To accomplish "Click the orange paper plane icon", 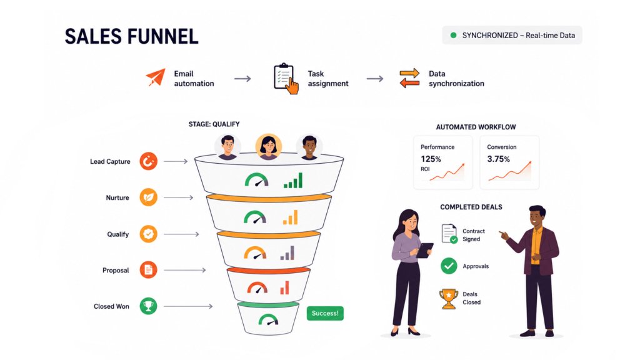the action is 156,77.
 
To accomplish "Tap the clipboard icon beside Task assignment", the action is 285,78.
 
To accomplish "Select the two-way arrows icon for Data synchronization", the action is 409,78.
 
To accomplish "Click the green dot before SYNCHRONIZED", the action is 453,36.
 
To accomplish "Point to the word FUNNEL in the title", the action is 163,36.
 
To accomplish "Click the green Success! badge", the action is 325,313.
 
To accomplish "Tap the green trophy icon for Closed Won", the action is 148,306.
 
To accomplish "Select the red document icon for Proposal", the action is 148,270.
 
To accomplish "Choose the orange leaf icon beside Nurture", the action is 148,197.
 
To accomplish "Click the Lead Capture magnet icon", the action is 148,161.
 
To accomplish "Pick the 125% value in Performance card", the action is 431,159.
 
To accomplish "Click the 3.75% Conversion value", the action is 498,159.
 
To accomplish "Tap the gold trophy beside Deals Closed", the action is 449,299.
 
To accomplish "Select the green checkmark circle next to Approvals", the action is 449,266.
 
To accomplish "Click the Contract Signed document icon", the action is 449,234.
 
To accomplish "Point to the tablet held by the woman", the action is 425,250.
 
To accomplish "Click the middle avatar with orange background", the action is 268,146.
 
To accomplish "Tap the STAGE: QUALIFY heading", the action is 214,124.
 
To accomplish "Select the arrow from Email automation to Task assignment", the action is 242,79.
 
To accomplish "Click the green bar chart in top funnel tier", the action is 293,181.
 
